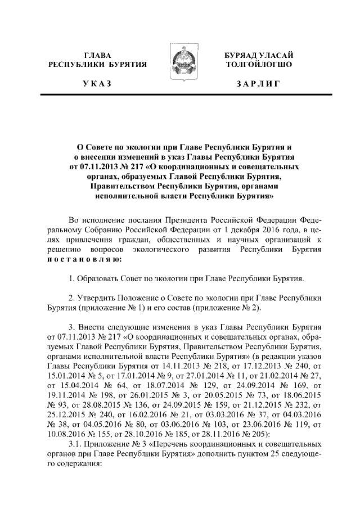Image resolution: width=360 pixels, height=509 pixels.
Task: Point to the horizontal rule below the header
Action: pos(180,96)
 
